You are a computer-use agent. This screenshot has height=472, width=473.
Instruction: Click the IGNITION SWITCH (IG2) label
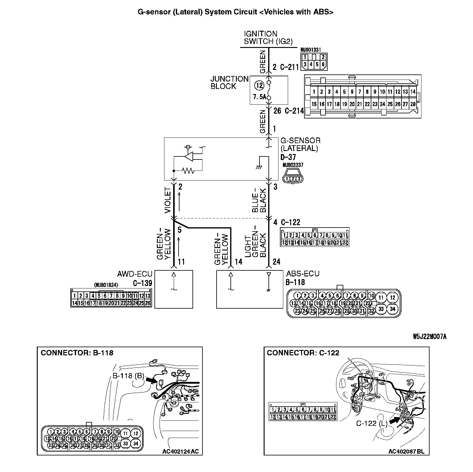(268, 38)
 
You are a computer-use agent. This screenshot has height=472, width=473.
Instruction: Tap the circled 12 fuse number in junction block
(259, 85)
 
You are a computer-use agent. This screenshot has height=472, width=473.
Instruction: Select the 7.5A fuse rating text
(260, 97)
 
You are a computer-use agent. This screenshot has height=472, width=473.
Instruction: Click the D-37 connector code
(288, 157)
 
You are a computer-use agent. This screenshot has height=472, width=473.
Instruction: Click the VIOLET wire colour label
(168, 200)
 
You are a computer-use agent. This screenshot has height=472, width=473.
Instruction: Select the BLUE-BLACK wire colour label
(259, 200)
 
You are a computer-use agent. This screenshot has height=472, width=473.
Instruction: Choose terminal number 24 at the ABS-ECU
(276, 262)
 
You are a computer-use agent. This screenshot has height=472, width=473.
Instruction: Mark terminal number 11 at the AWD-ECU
(181, 262)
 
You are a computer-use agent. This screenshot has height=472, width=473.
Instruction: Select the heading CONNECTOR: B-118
(77, 353)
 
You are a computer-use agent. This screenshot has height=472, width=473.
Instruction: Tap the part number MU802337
(293, 165)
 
